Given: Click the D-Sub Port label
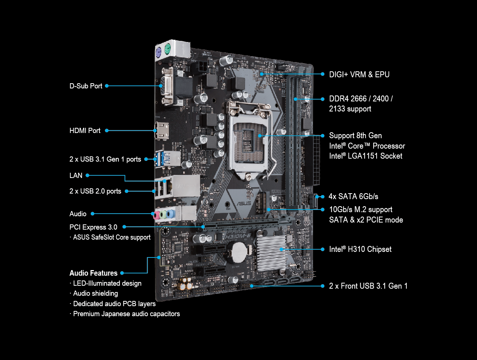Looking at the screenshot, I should (x=86, y=86).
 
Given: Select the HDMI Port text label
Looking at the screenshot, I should (x=85, y=131).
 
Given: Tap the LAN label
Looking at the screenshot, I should (x=76, y=175).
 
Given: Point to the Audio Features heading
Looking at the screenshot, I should (x=93, y=273).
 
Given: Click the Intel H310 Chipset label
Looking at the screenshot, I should (x=360, y=249).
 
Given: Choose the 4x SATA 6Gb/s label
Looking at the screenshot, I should (x=353, y=196).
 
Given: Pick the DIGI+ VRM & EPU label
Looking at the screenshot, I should (x=359, y=74).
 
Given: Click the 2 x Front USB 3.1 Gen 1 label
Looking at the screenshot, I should (x=368, y=286).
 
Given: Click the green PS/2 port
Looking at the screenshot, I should (x=167, y=48).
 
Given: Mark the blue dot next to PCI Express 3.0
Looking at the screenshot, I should (x=125, y=227).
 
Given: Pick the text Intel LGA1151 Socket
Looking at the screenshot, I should (x=365, y=156).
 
